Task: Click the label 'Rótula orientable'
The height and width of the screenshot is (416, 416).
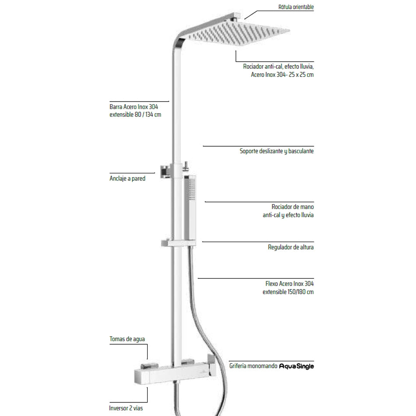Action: coord(296,7)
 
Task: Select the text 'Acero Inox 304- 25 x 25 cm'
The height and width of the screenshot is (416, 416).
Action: coord(282,75)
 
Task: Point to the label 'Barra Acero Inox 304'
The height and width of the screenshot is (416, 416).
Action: coord(134,106)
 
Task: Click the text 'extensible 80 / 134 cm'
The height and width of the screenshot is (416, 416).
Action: coord(135,115)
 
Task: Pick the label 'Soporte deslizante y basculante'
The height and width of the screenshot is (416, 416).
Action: coord(277,152)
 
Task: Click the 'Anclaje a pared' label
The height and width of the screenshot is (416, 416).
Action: coord(127,179)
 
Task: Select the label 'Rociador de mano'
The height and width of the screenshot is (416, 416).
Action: coord(293,207)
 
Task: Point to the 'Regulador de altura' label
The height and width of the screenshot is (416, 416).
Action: coord(291,247)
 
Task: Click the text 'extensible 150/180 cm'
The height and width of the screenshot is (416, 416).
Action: coord(288,292)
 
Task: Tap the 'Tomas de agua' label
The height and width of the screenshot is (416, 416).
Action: coord(127,339)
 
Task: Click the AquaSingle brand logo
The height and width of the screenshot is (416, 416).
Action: coord(296,366)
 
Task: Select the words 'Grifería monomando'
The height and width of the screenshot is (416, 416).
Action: coord(253,366)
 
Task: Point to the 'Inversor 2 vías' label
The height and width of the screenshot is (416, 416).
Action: coord(126,408)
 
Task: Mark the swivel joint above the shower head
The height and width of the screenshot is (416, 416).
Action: coord(237,18)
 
